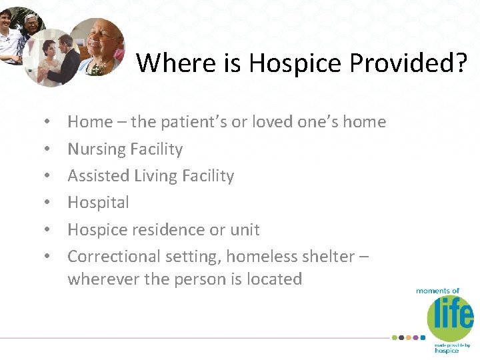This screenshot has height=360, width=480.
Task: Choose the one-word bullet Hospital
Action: [99, 203]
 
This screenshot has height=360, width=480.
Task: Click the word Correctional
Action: [114, 257]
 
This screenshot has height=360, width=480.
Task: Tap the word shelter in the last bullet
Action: [330, 257]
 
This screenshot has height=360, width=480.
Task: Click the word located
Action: [273, 279]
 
